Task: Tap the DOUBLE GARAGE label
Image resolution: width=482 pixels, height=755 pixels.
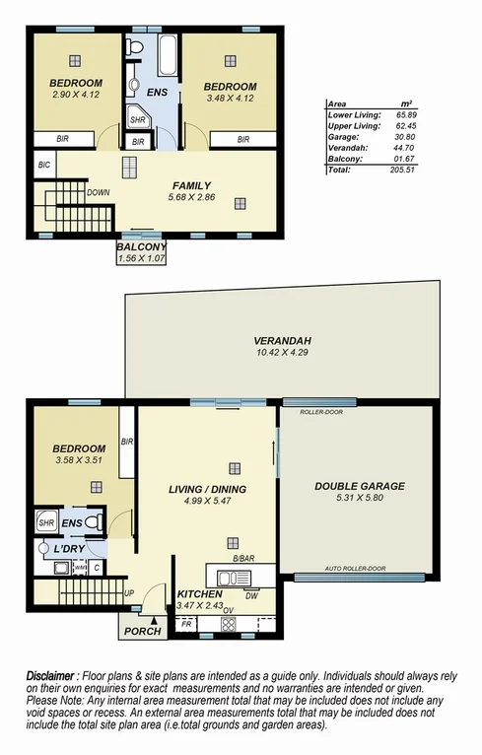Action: pyautogui.click(x=360, y=486)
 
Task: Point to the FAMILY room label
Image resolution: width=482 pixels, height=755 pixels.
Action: pyautogui.click(x=191, y=185)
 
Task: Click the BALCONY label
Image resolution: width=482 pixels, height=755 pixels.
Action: pyautogui.click(x=141, y=246)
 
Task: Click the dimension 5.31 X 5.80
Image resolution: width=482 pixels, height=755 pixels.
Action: pyautogui.click(x=360, y=499)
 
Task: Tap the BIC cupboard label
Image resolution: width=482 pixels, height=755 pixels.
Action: pyautogui.click(x=42, y=165)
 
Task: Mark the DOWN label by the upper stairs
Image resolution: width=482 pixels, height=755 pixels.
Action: pyautogui.click(x=98, y=193)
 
